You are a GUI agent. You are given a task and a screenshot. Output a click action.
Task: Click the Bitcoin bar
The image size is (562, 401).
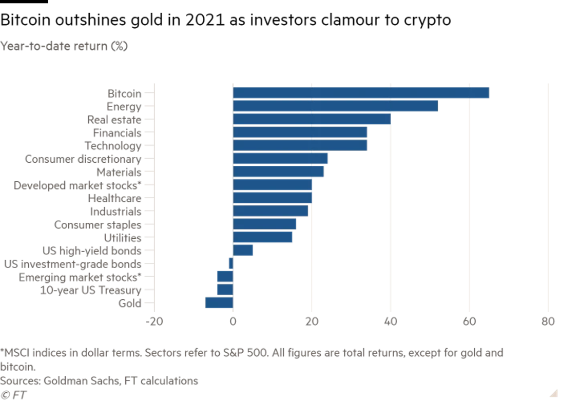tap(361, 93)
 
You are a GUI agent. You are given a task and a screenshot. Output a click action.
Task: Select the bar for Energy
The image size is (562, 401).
tap(335, 106)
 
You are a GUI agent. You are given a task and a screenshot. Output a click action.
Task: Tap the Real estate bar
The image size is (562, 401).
tap(312, 119)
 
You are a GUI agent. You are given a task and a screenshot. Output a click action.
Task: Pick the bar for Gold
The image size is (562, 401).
tap(219, 303)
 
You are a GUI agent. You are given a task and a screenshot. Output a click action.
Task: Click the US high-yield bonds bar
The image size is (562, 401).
tap(243, 251)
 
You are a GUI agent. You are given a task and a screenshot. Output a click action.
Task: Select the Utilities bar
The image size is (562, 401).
tap(263, 237)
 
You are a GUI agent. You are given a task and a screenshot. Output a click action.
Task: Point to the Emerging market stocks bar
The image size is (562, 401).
tap(225, 277)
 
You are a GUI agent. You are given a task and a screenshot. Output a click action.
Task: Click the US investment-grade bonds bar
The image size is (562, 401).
tap(230, 263)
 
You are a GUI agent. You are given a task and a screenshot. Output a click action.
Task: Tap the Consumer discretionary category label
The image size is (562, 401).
tap(83, 159)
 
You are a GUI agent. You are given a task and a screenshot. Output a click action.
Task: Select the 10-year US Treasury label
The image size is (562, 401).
tap(90, 290)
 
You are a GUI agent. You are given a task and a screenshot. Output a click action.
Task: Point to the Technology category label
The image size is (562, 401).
tap(112, 146)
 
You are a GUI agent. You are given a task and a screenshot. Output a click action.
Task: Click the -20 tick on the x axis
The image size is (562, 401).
tap(153, 322)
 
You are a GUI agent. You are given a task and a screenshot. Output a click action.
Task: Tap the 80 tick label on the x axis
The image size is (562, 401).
tap(548, 322)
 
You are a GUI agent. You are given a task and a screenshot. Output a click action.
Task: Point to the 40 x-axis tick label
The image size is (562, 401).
tap(390, 322)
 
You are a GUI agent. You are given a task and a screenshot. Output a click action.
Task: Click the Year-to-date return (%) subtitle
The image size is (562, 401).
tap(64, 46)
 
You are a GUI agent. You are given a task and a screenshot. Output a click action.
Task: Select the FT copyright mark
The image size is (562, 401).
tap(13, 395)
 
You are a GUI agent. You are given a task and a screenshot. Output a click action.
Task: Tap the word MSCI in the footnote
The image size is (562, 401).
tap(16, 353)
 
